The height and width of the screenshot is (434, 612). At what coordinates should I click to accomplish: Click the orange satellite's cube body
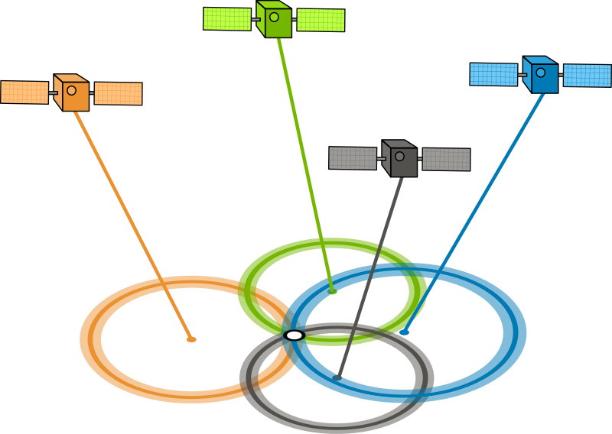click(70, 92)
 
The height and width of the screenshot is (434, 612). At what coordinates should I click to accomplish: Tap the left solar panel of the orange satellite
click(25, 92)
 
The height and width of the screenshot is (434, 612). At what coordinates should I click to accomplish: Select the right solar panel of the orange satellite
click(118, 93)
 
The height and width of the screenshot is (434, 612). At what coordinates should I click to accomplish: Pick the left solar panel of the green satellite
click(227, 18)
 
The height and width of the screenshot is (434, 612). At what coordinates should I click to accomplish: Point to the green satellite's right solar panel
click(321, 21)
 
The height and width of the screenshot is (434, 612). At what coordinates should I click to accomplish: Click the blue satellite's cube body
click(540, 74)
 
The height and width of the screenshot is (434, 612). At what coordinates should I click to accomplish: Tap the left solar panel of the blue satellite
click(493, 74)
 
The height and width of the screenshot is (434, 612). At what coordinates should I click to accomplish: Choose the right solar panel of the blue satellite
click(587, 76)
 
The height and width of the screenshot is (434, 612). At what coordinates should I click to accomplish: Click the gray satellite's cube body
click(400, 158)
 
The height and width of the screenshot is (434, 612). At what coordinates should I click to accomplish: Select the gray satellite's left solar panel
click(353, 157)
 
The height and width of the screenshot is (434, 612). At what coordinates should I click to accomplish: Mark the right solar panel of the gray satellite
click(446, 160)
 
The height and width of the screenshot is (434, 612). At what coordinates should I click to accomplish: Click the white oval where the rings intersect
click(294, 335)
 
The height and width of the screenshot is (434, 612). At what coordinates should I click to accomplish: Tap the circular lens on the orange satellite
click(71, 89)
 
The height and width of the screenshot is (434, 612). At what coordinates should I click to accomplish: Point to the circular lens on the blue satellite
click(542, 72)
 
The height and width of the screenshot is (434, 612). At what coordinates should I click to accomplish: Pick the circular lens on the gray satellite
click(401, 155)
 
